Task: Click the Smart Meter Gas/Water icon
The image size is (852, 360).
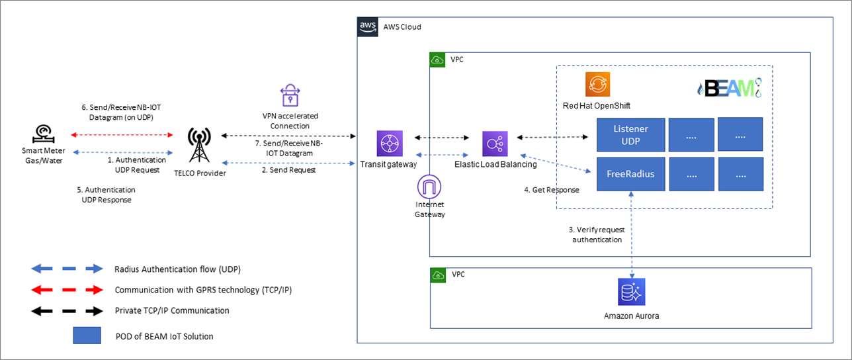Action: tap(44, 134)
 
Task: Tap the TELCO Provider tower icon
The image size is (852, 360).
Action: tap(199, 145)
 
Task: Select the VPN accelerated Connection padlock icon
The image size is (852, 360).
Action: tap(290, 95)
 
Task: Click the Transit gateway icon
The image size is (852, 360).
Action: tap(390, 144)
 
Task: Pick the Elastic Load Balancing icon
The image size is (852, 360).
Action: tap(495, 144)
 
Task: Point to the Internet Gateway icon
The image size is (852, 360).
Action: tap(429, 187)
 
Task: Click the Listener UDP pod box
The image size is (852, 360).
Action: tap(630, 135)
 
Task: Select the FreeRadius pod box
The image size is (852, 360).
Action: tap(630, 174)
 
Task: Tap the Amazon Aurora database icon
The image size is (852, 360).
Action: tap(631, 292)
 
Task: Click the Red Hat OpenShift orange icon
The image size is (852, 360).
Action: tap(597, 84)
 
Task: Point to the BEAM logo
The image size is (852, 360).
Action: tap(730, 88)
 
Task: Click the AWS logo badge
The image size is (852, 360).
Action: tap(367, 26)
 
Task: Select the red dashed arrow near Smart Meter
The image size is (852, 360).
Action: tap(122, 135)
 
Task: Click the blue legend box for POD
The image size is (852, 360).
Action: tap(87, 336)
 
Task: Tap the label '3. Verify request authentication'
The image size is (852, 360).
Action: tap(597, 235)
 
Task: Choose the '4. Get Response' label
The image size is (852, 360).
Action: tap(552, 190)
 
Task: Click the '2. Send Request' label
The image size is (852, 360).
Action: tap(288, 169)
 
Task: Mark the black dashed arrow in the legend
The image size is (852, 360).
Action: tap(67, 311)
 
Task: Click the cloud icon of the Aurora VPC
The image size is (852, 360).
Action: tap(438, 275)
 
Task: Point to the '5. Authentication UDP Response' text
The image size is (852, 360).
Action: tap(106, 195)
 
